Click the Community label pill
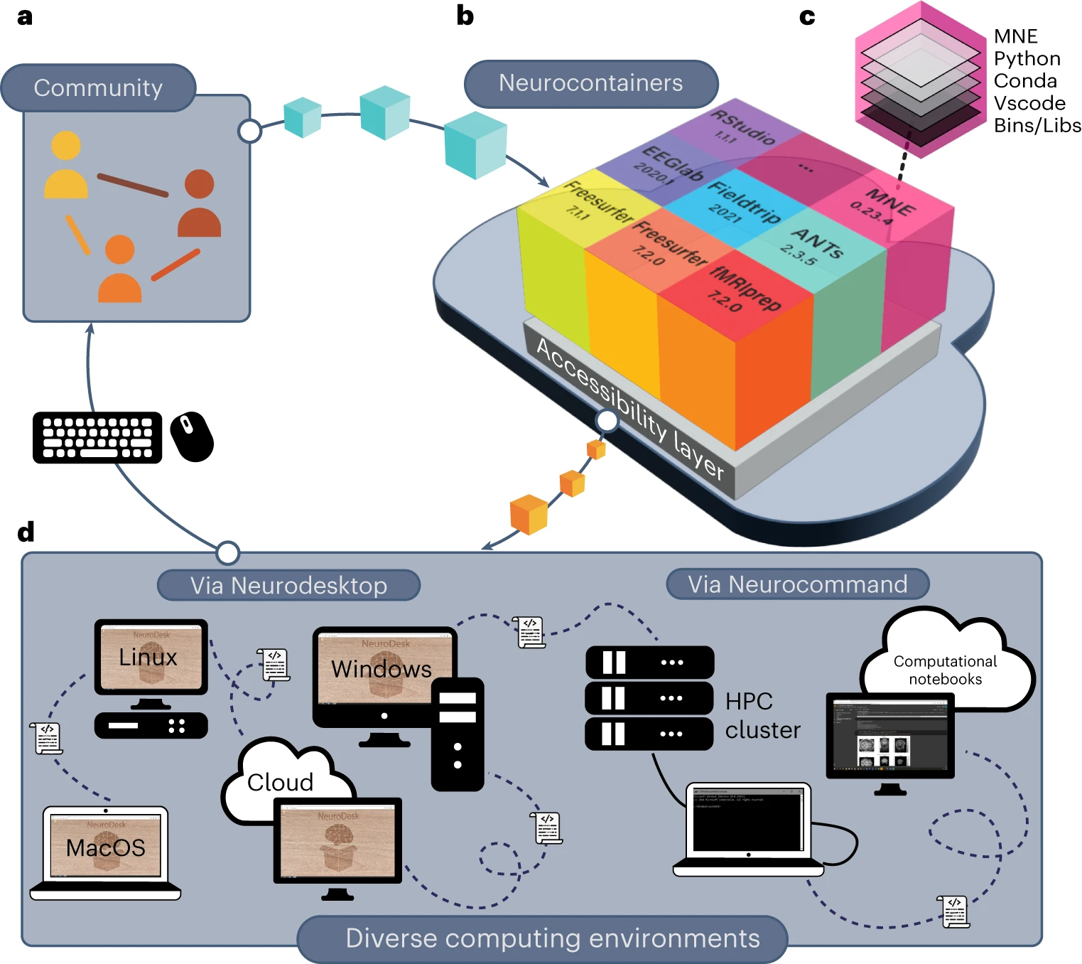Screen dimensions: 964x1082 click(98, 88)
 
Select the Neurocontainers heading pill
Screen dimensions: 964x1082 click(590, 83)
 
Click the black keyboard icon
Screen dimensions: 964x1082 click(97, 437)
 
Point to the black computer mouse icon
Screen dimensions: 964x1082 click(191, 437)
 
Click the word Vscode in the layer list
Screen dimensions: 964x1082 click(1029, 103)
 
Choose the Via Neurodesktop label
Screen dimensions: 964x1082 click(288, 585)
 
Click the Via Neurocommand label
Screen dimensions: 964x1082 click(797, 584)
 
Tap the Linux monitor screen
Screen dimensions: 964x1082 click(151, 657)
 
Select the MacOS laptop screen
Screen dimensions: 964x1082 click(105, 846)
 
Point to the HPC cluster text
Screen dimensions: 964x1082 click(762, 715)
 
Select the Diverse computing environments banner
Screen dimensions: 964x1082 click(552, 938)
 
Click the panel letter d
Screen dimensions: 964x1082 click(26, 532)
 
